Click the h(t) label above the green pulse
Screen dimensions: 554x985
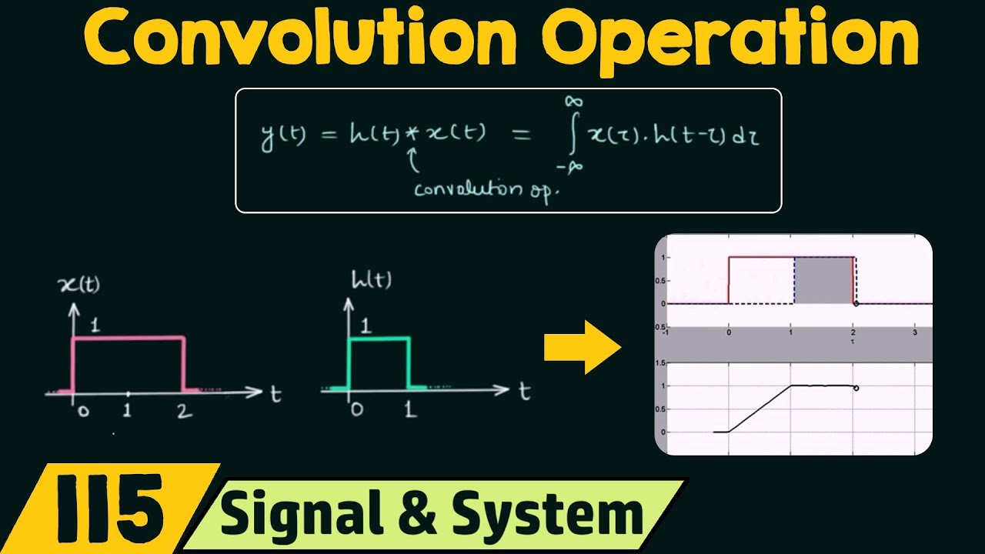(x=370, y=280)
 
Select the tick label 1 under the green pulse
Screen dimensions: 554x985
(x=411, y=410)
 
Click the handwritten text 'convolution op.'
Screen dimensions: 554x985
(x=484, y=189)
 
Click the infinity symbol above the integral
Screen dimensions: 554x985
(x=573, y=102)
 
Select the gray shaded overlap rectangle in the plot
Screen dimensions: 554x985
(x=822, y=281)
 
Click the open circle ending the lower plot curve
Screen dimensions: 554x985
(x=856, y=388)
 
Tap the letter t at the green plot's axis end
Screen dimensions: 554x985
(x=524, y=392)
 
